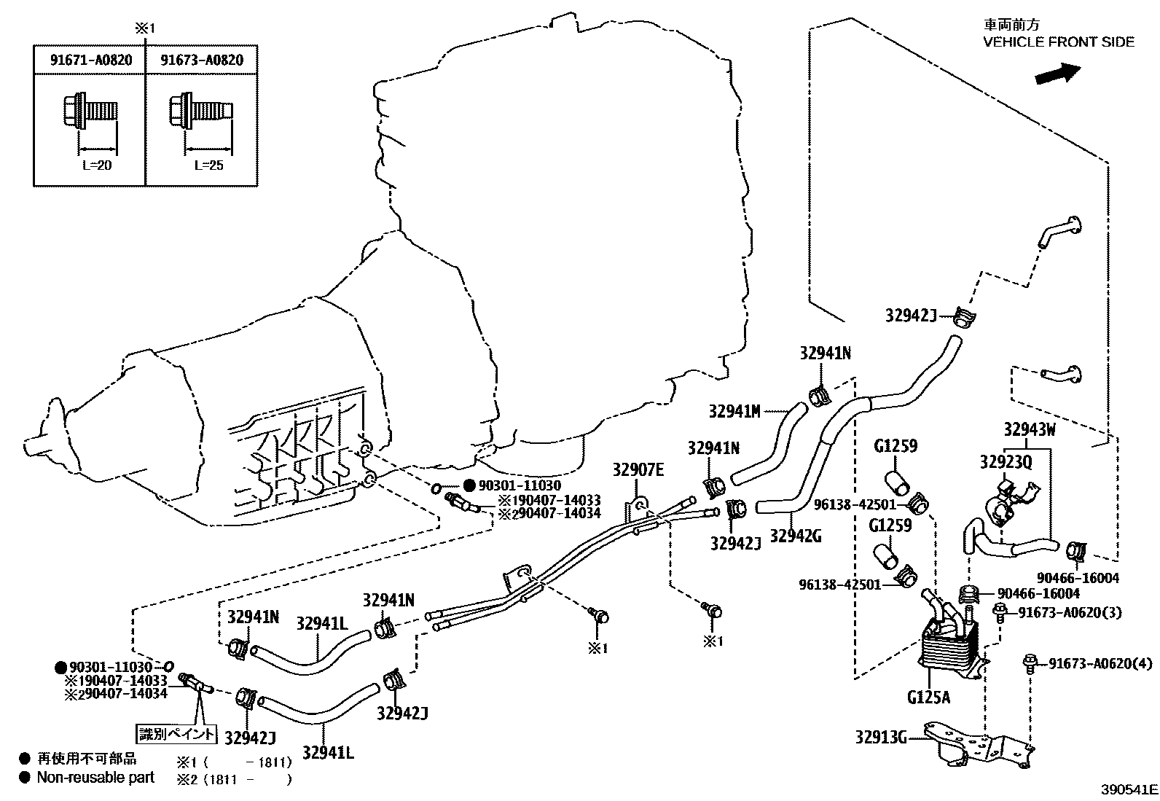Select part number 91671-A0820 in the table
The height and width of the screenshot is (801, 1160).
point(91,60)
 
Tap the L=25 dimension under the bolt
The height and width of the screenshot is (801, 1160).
point(208,165)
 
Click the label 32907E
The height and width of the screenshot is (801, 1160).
point(638,470)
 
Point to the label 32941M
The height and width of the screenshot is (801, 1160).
point(734,412)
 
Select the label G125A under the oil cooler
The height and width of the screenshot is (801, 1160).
point(928,697)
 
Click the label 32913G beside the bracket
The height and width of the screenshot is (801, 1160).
point(880,738)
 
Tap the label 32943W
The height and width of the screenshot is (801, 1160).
point(1029,429)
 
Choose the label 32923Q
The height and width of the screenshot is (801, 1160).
point(1006,461)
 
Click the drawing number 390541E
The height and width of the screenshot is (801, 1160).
point(1129,789)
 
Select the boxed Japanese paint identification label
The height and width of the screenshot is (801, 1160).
point(178,732)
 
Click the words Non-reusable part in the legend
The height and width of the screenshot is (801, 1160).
point(95,778)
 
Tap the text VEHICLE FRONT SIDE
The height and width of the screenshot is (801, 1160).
point(1058,42)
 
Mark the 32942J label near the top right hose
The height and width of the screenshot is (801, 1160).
point(910,315)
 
